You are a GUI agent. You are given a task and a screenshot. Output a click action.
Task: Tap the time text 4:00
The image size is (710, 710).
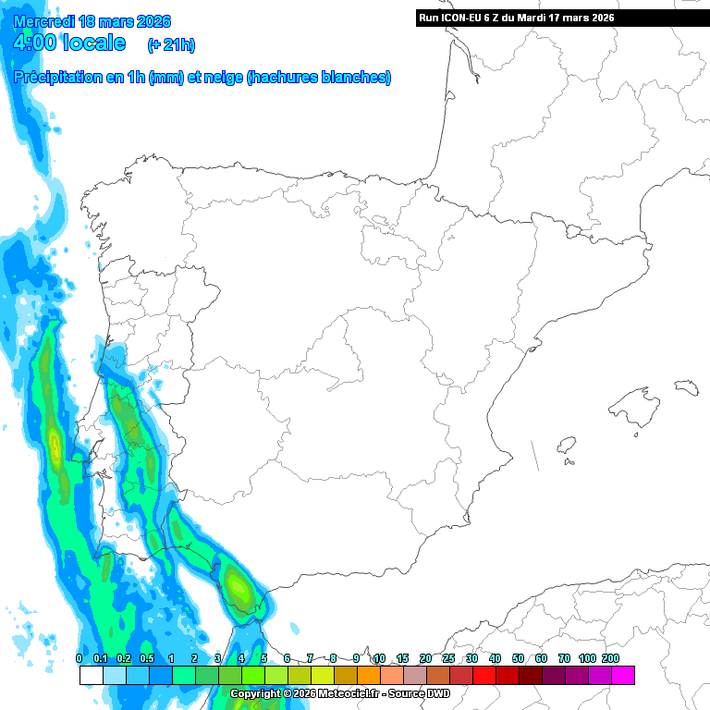pos(35,43)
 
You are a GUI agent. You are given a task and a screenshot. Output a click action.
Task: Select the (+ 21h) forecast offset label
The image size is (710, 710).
pos(171,44)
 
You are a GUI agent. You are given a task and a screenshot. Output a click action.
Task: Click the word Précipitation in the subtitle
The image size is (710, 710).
pos(59,79)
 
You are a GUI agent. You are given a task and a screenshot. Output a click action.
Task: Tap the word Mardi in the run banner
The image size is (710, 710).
pos(542,18)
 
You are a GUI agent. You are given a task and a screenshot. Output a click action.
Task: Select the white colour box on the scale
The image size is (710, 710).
pos(91,676)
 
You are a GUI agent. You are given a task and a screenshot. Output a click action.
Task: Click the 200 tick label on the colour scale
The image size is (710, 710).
pos(610,658)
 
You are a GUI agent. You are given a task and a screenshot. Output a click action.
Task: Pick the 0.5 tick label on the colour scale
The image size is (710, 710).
pos(148,658)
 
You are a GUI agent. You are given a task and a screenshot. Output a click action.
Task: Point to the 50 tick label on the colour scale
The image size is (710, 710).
pos(518,658)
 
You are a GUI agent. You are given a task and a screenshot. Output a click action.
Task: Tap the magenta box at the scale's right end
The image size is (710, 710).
pos(622,676)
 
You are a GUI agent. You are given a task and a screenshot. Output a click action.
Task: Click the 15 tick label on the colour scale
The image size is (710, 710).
pos(402,658)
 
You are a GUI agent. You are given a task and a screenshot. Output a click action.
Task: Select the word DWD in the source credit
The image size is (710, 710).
pos(436,693)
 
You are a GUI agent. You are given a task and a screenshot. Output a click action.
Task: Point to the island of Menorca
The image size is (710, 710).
pos(685,385)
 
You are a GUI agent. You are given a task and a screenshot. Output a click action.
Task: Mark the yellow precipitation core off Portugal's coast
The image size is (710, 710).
pos(55,449)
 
